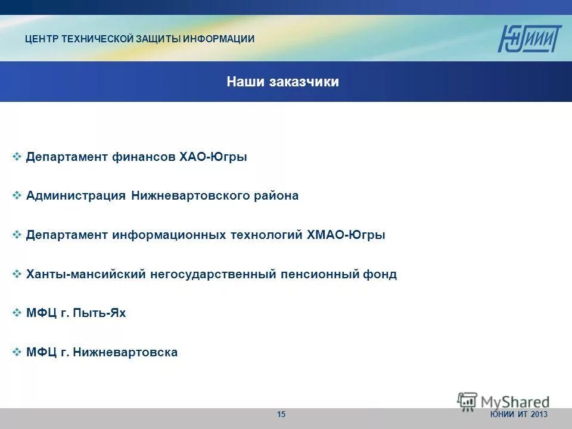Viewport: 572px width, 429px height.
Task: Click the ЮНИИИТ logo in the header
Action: pos(529,39)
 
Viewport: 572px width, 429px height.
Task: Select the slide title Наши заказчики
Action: pos(282,82)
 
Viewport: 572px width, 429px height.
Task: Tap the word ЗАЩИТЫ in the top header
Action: pos(157,39)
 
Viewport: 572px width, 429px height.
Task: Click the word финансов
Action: pos(144,157)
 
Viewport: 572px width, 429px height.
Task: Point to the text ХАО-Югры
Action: pos(213,157)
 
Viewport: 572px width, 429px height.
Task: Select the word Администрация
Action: pos(76,195)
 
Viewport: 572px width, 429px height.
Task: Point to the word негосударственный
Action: pos(213,274)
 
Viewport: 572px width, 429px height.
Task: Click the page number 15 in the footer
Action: pos(281,415)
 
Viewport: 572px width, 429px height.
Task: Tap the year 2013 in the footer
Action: pos(538,415)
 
